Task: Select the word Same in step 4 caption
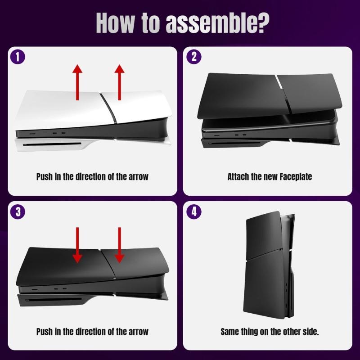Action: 230,332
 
